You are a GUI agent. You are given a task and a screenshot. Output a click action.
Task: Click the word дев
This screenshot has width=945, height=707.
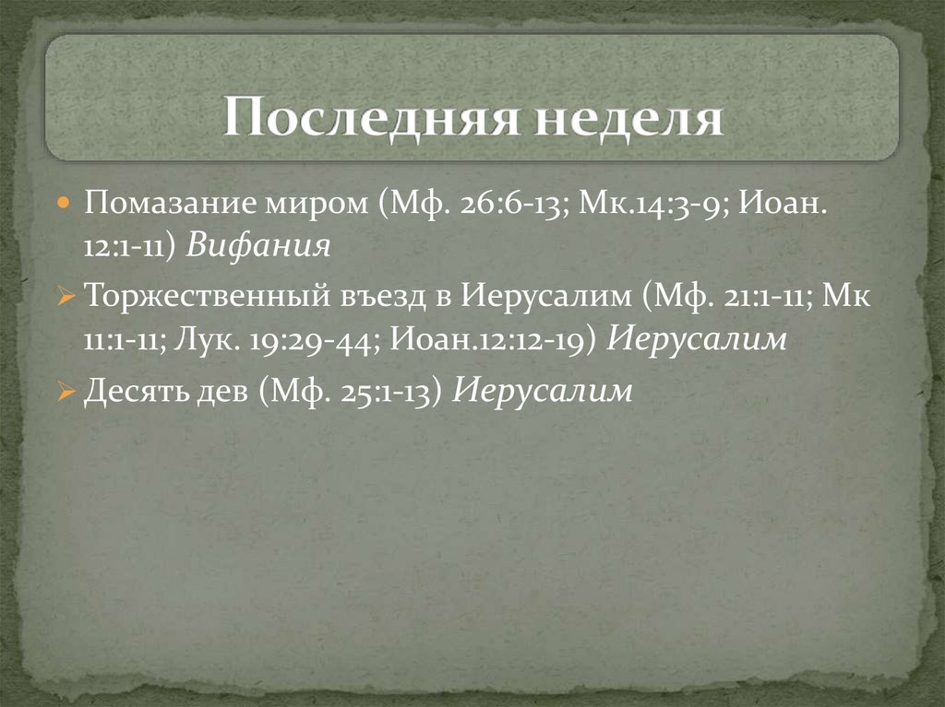tap(221, 392)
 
